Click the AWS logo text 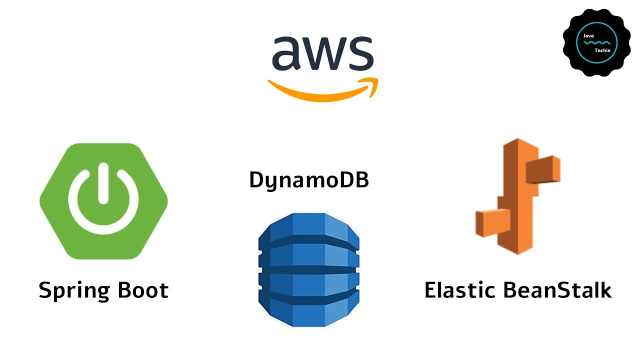coord(322,53)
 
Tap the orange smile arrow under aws coord(320,93)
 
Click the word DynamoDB coord(309,180)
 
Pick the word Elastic coord(460,290)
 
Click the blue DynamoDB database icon coord(308,270)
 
